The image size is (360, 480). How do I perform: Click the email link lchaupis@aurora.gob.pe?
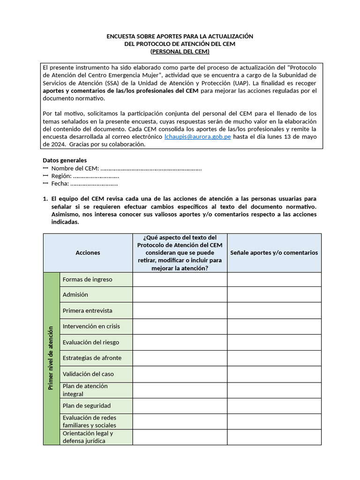click(x=197, y=136)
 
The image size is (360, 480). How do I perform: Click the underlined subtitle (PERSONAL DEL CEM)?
click(x=180, y=52)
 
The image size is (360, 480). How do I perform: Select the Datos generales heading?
click(x=65, y=160)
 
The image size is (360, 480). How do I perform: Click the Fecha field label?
click(x=60, y=183)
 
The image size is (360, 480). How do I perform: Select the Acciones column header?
click(x=88, y=253)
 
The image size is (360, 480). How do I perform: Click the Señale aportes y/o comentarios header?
click(x=274, y=253)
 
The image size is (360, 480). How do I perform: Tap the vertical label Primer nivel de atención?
click(x=51, y=358)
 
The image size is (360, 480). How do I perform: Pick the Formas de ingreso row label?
click(x=87, y=279)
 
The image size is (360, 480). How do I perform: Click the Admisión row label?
click(x=75, y=295)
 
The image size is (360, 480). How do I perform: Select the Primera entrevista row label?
click(x=87, y=311)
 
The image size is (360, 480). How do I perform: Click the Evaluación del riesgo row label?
click(x=90, y=342)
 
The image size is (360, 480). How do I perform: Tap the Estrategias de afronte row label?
click(x=91, y=358)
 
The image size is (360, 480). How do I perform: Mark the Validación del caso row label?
click(x=88, y=374)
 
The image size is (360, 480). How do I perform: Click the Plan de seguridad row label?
click(x=86, y=405)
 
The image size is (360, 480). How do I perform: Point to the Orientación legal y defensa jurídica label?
click(x=88, y=437)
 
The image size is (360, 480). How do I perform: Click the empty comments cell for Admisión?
click(x=274, y=295)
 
